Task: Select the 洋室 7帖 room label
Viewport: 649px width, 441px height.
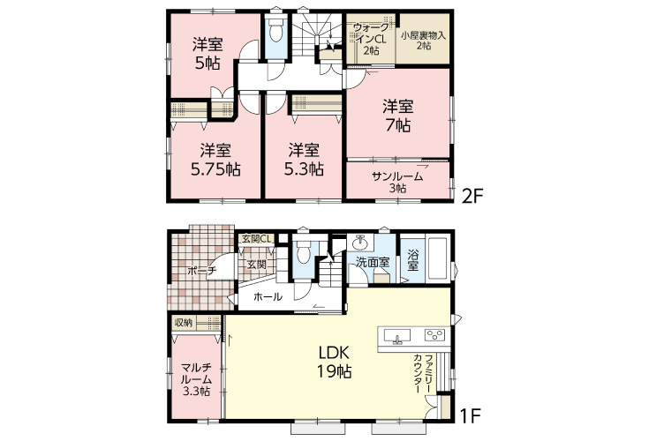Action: [396, 116]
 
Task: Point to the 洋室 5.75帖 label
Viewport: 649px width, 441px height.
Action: [215, 159]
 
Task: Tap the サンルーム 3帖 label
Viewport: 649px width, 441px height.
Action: [396, 182]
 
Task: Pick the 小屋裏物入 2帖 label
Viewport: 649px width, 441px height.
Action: [423, 41]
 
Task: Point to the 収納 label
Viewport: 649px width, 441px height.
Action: [183, 323]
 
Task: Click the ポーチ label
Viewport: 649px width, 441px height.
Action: [201, 272]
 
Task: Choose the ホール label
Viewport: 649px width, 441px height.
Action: [268, 297]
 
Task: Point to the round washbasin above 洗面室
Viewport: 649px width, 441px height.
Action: [360, 242]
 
